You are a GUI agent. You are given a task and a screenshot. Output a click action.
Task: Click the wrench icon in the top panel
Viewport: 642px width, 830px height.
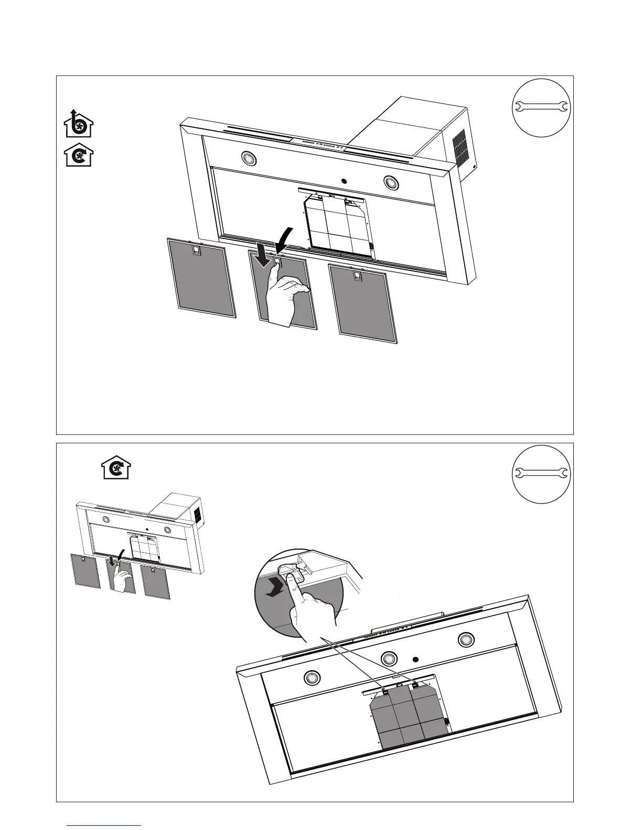click(x=540, y=107)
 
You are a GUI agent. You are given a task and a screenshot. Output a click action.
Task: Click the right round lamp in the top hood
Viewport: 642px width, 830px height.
click(x=390, y=182)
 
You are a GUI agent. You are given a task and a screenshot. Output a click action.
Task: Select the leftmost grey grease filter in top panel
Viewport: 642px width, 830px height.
click(x=201, y=278)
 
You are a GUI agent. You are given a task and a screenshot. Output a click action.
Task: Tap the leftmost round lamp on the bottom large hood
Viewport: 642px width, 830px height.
click(x=311, y=678)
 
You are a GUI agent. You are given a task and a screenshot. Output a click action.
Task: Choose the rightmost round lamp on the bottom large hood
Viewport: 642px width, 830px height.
click(x=465, y=639)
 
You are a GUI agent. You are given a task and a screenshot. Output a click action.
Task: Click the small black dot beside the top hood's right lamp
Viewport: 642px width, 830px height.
click(x=344, y=181)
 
